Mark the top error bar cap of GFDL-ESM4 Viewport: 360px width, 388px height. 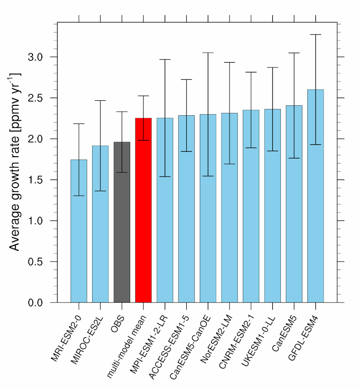click(315, 34)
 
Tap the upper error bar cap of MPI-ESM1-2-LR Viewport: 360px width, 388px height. click(165, 59)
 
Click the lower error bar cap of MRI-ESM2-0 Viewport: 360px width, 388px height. click(79, 195)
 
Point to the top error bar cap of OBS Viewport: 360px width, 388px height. click(122, 112)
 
